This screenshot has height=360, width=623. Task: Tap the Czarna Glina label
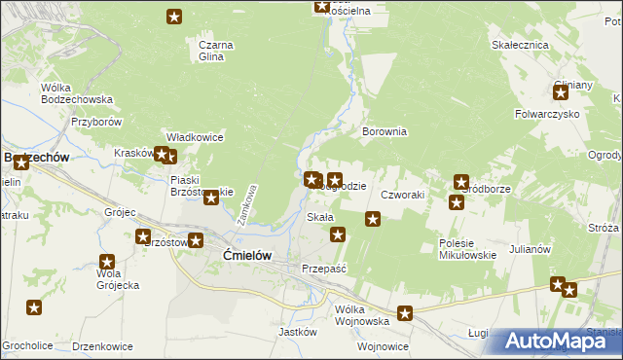[211, 51]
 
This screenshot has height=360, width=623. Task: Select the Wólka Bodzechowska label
[77, 93]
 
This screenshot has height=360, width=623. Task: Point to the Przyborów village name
[95, 122]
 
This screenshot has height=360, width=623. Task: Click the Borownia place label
[384, 131]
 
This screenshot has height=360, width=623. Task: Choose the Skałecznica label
[522, 45]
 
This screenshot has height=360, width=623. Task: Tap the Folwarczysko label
[547, 115]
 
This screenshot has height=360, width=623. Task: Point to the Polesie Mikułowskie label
[467, 249]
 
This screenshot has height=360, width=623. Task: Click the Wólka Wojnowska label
[362, 315]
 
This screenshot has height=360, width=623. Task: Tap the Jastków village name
[299, 331]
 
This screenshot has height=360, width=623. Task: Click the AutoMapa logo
[561, 342]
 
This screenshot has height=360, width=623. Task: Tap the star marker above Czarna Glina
[174, 17]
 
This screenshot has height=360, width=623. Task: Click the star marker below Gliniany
[561, 93]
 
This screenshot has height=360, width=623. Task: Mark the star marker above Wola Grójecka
[107, 262]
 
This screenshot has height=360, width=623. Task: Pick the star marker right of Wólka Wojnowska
[405, 313]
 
